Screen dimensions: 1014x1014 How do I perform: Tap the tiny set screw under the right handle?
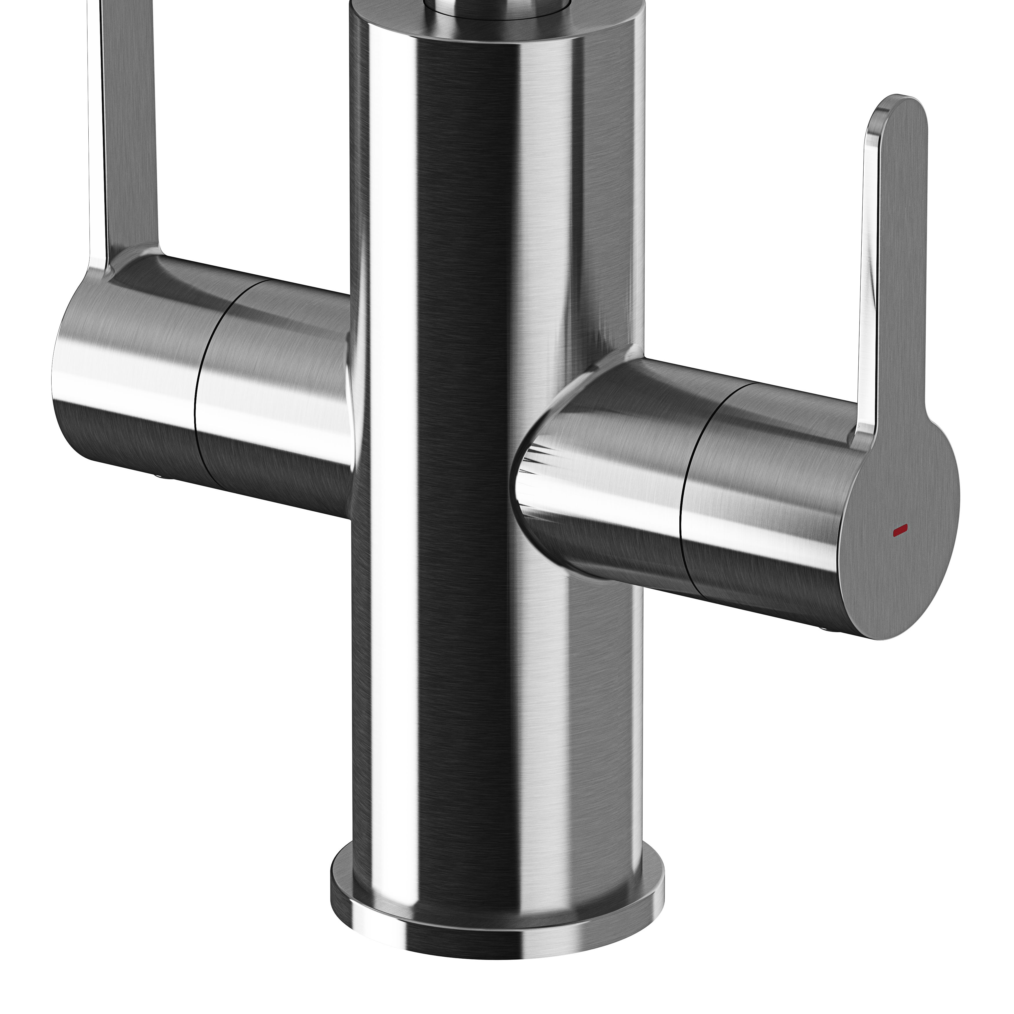pyautogui.click(x=822, y=628)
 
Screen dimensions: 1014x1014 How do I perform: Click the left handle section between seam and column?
pyautogui.click(x=273, y=399)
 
